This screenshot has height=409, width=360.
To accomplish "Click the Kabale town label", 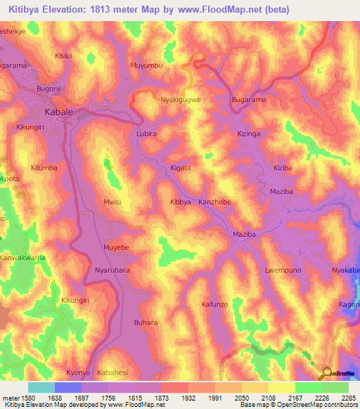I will (59, 112).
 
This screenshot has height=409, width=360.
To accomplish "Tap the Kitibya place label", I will (181, 202).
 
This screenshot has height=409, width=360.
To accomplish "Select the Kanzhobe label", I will (214, 202).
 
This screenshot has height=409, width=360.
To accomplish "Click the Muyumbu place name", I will (146, 66).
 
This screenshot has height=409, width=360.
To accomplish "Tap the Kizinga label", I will (249, 134).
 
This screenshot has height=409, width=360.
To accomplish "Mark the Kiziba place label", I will (283, 169).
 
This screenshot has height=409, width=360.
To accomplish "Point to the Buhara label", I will (146, 323).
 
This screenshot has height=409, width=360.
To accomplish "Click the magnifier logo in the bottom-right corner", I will (326, 373).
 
